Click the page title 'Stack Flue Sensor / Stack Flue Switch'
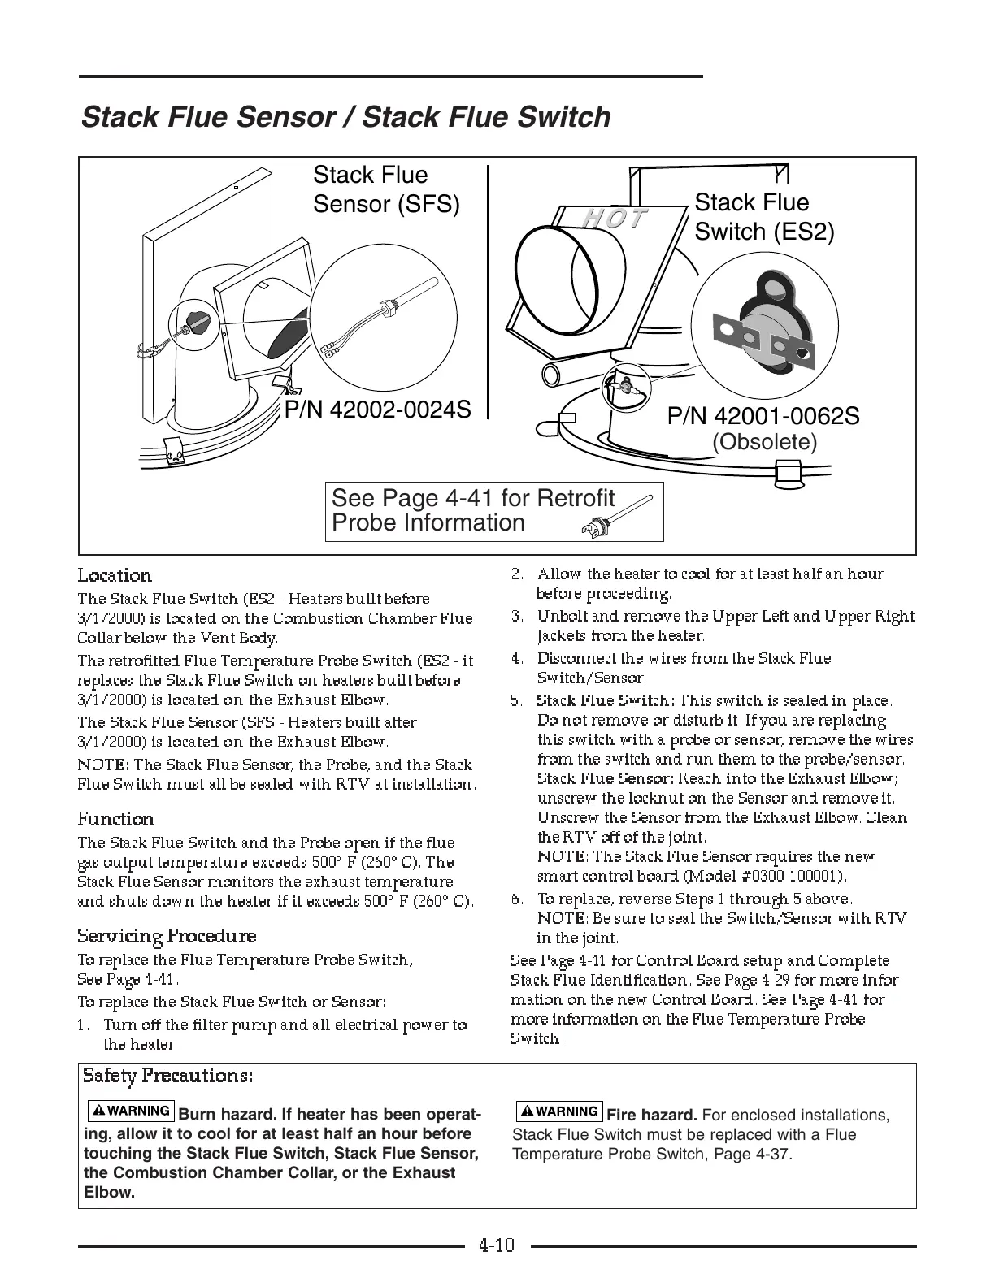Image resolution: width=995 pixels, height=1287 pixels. [346, 117]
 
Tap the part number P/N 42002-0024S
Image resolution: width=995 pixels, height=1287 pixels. [377, 409]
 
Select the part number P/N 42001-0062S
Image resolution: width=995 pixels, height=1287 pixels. [763, 416]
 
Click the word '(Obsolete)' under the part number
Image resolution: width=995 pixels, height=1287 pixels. [764, 442]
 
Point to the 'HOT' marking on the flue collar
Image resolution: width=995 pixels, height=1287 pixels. [615, 219]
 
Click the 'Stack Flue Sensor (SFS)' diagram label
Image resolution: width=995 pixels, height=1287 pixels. [386, 189]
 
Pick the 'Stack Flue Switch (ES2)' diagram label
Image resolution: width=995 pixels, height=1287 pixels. [764, 217]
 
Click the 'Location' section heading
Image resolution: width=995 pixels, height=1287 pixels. [115, 576]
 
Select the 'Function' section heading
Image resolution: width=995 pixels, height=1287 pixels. [115, 819]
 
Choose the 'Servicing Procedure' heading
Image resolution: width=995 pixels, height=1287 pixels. [167, 936]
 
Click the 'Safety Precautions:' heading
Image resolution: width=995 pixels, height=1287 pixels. [168, 1076]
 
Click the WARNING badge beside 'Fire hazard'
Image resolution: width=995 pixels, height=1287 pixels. [559, 1111]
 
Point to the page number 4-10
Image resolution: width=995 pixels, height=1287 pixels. [497, 1245]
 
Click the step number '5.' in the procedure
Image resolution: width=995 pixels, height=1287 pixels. [516, 700]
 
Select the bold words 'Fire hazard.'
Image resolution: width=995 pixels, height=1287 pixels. [652, 1115]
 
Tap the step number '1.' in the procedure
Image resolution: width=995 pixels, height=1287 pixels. [84, 1025]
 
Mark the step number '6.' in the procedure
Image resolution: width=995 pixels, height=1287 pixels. [516, 899]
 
